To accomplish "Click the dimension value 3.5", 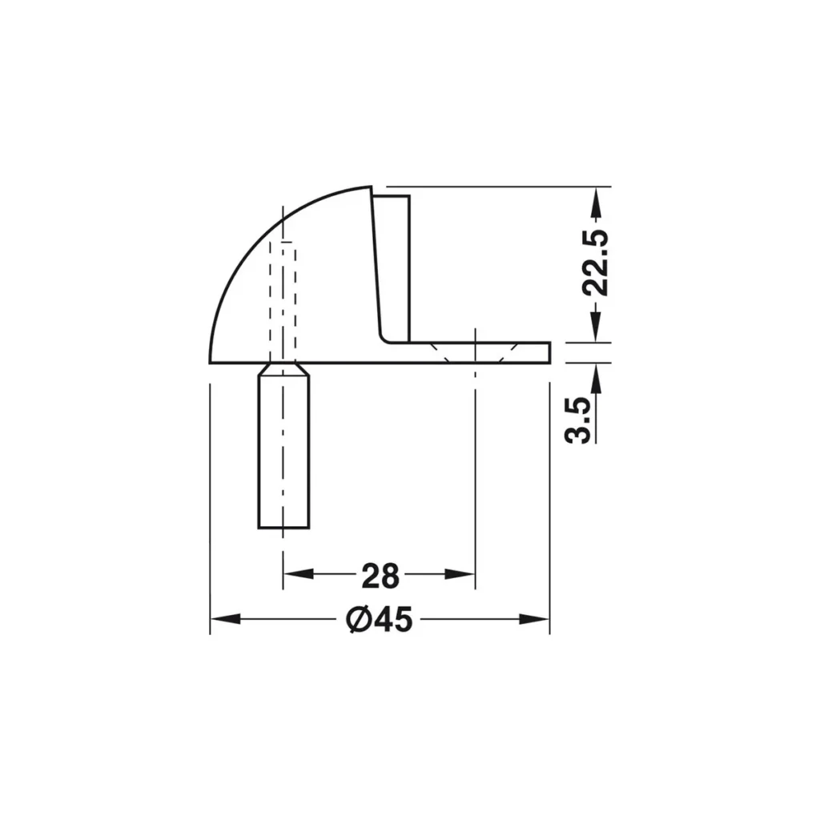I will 578,419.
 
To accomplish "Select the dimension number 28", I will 380,575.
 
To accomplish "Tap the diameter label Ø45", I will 379,619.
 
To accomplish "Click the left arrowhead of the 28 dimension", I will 296,573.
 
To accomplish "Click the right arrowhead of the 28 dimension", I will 463,573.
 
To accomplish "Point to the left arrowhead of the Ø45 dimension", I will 223,619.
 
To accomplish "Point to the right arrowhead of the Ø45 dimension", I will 536,619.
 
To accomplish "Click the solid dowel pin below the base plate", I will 283,456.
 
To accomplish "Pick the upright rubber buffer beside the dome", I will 392,264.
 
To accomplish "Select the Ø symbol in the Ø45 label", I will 357,619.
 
